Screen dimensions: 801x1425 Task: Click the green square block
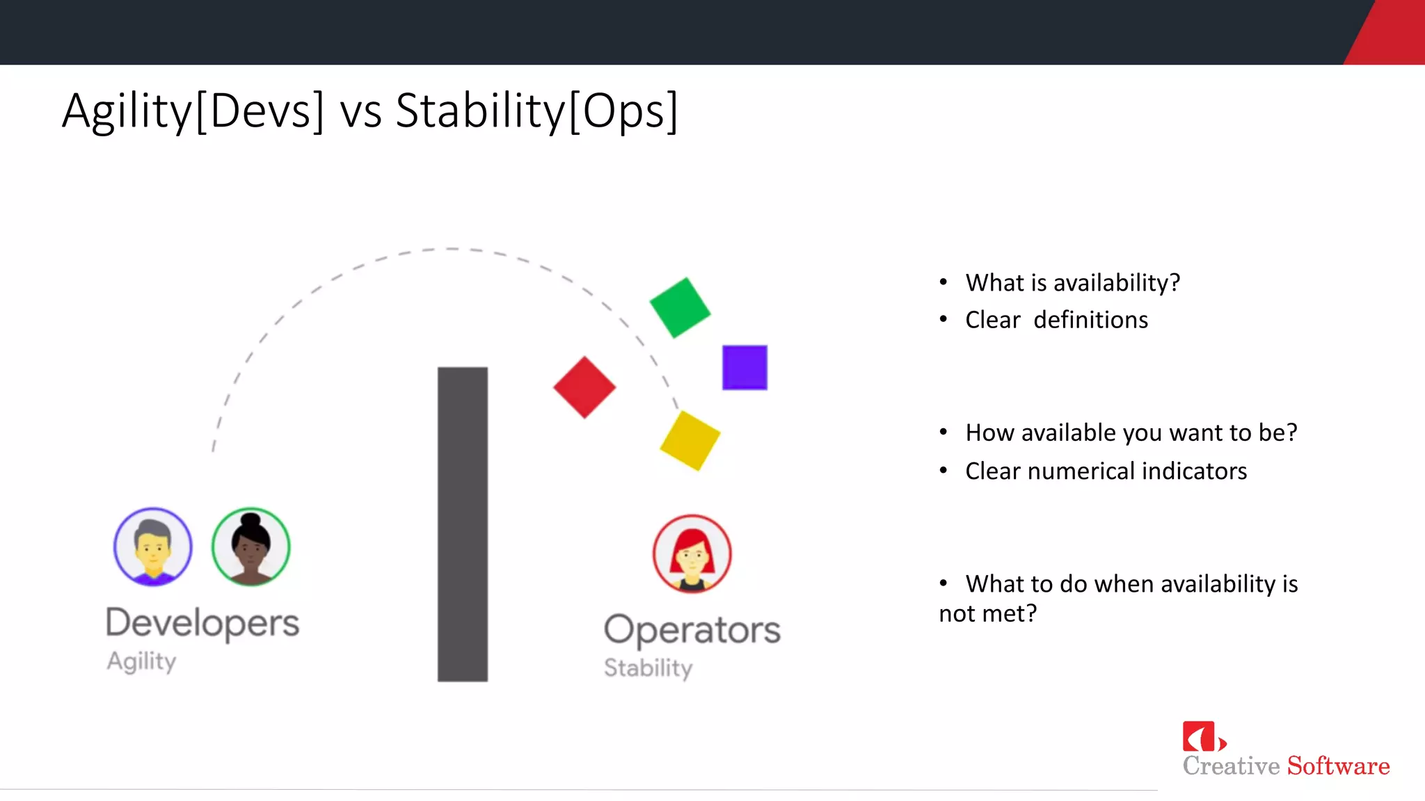tap(680, 307)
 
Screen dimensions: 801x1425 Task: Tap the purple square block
tap(745, 367)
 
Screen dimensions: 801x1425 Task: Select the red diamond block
tap(584, 387)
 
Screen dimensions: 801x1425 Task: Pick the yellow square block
tap(690, 440)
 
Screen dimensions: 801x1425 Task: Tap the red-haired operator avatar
tap(692, 553)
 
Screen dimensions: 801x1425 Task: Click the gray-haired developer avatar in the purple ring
tap(153, 547)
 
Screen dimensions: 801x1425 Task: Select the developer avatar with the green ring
tap(250, 547)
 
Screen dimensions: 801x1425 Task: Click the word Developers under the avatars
tap(202, 622)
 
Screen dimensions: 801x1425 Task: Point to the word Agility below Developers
tap(141, 661)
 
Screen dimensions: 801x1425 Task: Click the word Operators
tap(692, 630)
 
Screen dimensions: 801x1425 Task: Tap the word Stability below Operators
tap(648, 667)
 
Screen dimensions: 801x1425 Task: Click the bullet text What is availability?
tap(1072, 282)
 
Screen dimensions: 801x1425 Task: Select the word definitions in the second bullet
tap(1090, 320)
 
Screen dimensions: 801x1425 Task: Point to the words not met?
tap(987, 613)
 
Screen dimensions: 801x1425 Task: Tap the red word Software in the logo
tap(1338, 766)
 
